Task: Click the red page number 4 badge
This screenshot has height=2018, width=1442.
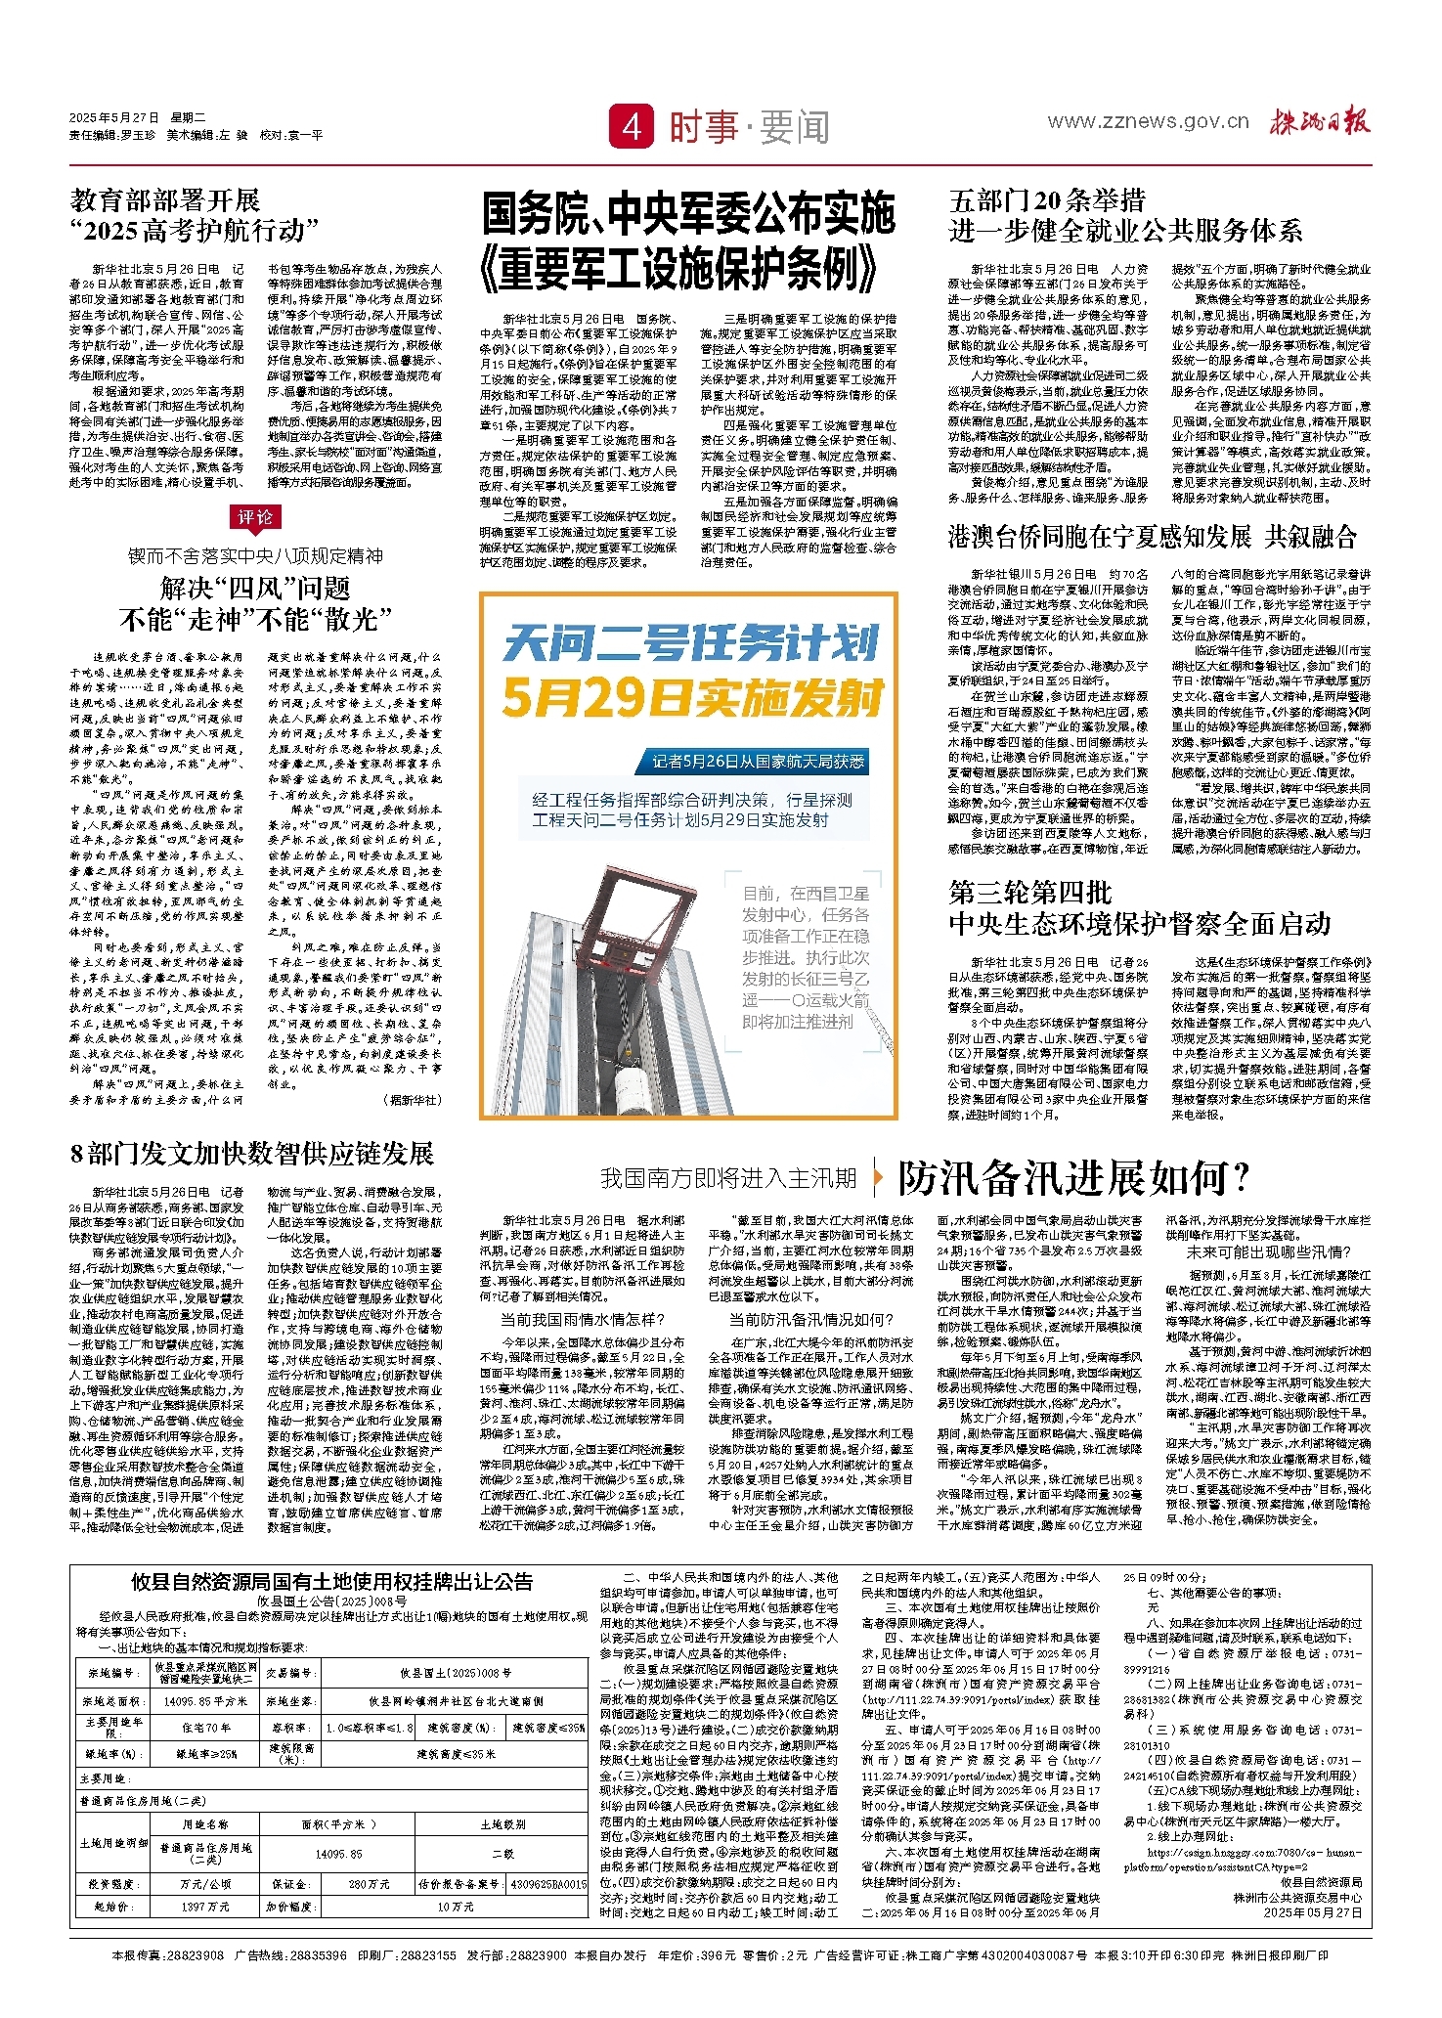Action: pyautogui.click(x=632, y=126)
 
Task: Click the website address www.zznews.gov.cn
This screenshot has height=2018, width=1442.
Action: pyautogui.click(x=1148, y=121)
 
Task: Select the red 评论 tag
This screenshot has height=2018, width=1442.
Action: pyautogui.click(x=255, y=517)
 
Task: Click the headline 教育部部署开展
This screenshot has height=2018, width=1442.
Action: pyautogui.click(x=165, y=201)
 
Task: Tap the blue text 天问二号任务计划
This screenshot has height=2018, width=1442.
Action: pyautogui.click(x=690, y=645)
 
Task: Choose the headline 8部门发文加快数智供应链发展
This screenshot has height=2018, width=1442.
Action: pyautogui.click(x=251, y=1154)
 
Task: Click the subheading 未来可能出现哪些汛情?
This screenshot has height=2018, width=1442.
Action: pyautogui.click(x=1268, y=1252)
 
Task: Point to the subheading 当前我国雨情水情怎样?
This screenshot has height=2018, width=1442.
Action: pyautogui.click(x=582, y=1320)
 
